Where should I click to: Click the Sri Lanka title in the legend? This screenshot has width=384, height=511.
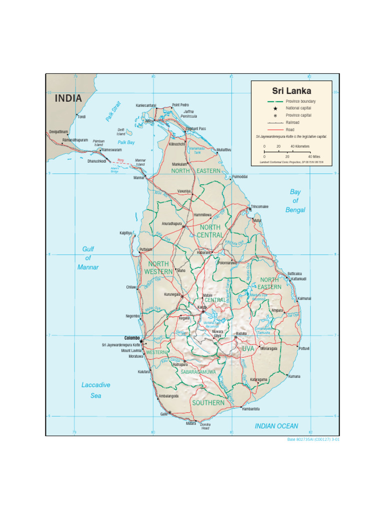click(x=291, y=91)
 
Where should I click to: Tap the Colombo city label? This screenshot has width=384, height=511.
click(x=132, y=338)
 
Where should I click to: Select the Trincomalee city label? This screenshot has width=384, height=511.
click(x=259, y=206)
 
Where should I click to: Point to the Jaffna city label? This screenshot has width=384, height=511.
click(x=149, y=121)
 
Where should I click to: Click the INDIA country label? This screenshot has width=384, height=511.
click(x=68, y=98)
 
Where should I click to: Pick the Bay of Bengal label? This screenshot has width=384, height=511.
click(x=295, y=201)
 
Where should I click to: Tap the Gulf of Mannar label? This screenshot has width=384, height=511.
click(x=88, y=258)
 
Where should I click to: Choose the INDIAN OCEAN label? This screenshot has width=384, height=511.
click(x=276, y=426)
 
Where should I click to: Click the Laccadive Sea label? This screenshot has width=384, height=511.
click(x=95, y=390)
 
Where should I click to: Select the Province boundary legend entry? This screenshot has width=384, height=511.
click(x=300, y=101)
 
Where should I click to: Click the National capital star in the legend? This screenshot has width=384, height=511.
click(x=275, y=108)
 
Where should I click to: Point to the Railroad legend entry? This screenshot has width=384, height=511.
click(x=293, y=122)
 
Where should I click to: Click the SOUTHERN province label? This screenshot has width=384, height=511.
click(x=208, y=402)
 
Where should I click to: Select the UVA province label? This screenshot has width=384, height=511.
click(x=248, y=348)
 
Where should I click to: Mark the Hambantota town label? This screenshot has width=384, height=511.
click(x=251, y=409)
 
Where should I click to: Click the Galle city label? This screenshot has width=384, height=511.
click(x=163, y=414)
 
